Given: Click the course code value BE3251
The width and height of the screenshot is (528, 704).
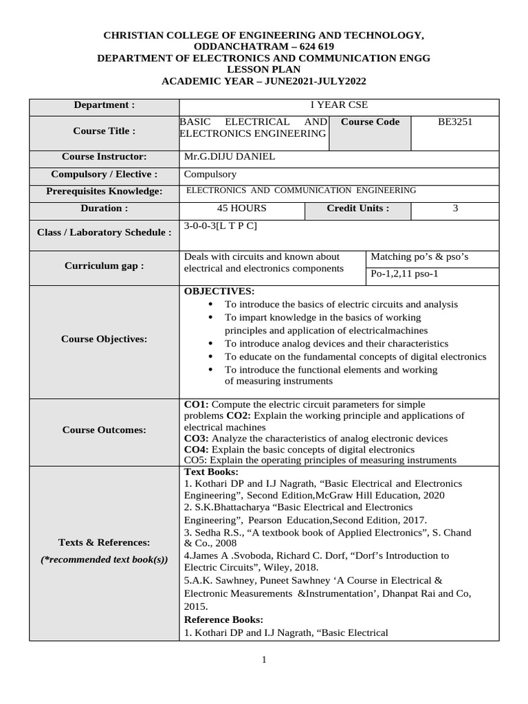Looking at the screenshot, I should click(x=455, y=122).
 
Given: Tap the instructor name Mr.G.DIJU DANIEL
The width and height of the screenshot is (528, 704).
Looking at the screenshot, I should click(x=230, y=157).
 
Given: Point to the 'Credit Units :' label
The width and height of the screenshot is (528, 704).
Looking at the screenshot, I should click(x=357, y=208).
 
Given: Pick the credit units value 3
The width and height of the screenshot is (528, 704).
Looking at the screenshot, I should click(x=455, y=208).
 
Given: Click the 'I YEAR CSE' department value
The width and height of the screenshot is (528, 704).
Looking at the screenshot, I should click(x=338, y=105).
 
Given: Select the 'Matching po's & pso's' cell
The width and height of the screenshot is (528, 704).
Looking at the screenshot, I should click(x=419, y=257).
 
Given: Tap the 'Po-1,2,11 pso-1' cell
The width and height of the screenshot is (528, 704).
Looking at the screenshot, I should click(x=404, y=274).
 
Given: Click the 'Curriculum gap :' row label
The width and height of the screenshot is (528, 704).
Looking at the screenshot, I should click(x=104, y=266).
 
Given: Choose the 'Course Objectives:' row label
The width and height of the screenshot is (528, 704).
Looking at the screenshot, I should click(x=104, y=339).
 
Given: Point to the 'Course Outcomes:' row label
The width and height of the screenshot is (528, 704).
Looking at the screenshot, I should click(x=104, y=430).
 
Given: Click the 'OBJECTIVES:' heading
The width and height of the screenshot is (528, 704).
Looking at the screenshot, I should click(x=219, y=291).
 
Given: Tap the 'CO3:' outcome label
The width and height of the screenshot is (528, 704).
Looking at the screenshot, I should click(x=197, y=438).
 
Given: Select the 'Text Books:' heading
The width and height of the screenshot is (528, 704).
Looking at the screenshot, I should click(x=211, y=472).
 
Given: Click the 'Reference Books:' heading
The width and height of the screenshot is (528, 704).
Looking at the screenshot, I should click(x=223, y=620).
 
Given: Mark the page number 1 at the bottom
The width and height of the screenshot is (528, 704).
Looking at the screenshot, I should click(x=263, y=661).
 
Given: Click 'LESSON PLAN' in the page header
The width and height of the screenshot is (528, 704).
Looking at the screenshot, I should click(x=263, y=69).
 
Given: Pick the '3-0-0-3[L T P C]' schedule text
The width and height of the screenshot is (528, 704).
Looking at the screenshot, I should click(x=221, y=225).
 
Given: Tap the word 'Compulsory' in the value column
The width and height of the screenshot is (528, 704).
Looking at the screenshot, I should click(x=210, y=175).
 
